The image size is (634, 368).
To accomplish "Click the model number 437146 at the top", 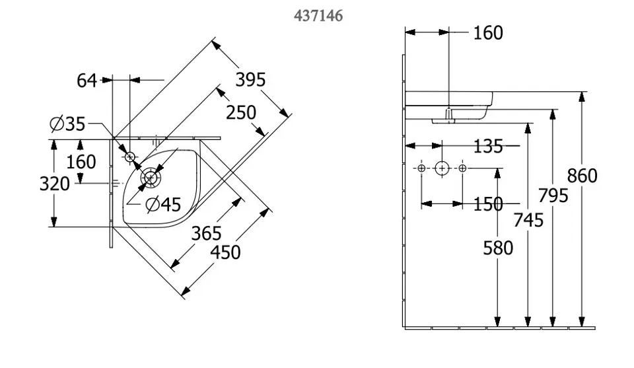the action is point(318,16).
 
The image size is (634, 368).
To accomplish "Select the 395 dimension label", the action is point(251,80).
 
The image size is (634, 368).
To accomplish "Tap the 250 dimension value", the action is point(241,112).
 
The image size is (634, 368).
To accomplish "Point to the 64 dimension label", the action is point(87,81).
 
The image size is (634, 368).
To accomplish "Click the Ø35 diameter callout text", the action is point(67,124).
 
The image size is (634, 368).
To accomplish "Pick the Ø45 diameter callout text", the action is point(163,205).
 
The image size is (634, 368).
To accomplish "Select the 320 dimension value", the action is point(55,184).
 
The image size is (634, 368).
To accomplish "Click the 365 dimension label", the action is point(206,233).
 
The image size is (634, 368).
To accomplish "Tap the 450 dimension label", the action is point(225,252).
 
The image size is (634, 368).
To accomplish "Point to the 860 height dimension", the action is point(582,176).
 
